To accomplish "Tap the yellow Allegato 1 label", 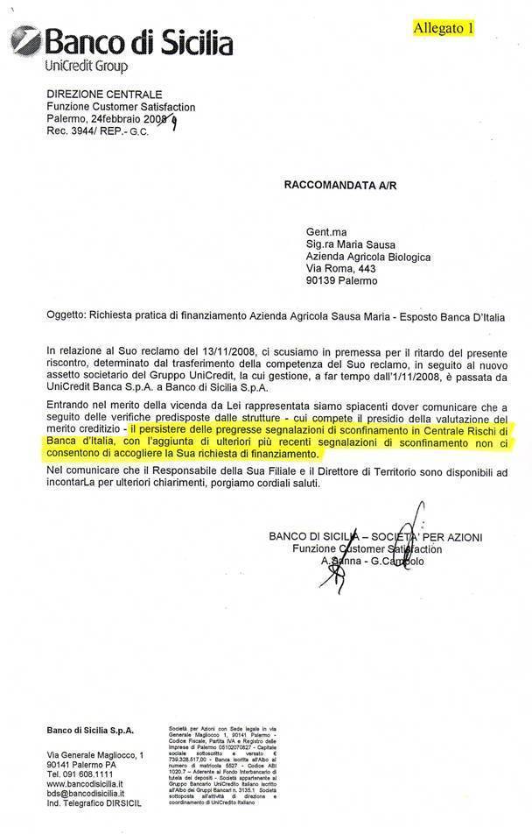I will (444, 27).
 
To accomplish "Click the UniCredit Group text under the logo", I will (85, 67).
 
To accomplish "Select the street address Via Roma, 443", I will (340, 269).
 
